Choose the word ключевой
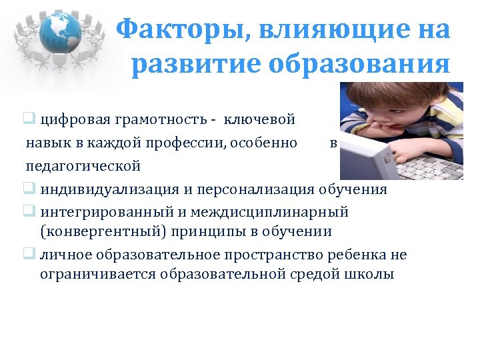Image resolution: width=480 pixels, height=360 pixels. click(x=259, y=120)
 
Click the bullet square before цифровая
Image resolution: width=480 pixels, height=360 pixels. click(x=31, y=120)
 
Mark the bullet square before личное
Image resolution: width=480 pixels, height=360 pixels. click(x=31, y=254)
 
